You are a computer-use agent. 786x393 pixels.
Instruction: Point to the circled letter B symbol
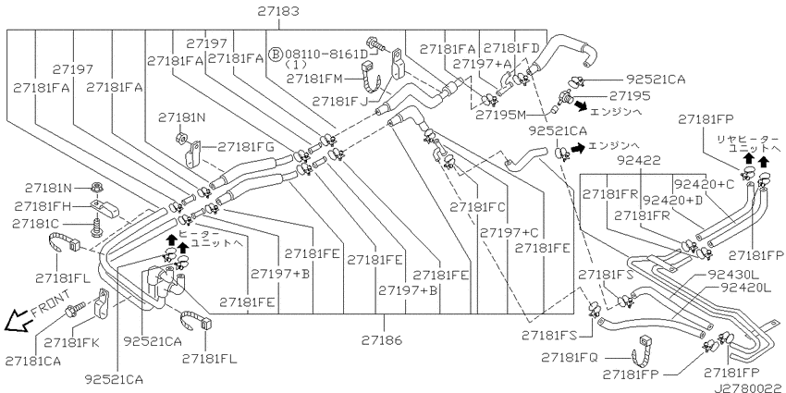275,55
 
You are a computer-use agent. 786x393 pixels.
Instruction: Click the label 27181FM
313,80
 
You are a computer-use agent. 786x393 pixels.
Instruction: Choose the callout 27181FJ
338,101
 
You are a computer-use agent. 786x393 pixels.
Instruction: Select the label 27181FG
246,146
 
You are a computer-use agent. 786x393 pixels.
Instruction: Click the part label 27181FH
43,205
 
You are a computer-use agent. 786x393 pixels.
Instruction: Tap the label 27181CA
33,360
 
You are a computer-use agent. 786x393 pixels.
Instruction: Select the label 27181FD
511,47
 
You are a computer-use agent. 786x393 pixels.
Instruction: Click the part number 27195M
500,115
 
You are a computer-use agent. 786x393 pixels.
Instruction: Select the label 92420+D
672,200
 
